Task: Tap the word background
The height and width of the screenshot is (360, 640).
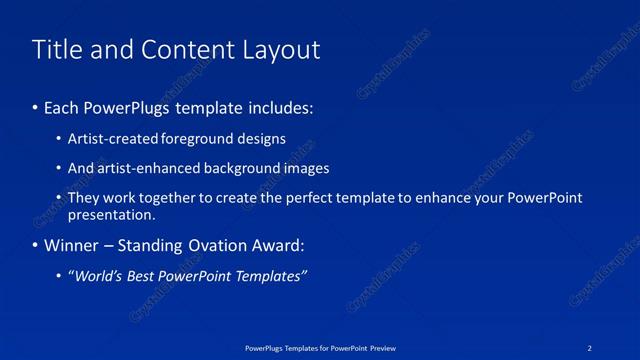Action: [x=245, y=168]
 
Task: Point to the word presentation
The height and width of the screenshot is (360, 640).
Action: [x=110, y=214]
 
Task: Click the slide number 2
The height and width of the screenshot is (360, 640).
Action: [x=590, y=347]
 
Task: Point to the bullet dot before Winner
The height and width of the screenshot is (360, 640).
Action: [x=36, y=245]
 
